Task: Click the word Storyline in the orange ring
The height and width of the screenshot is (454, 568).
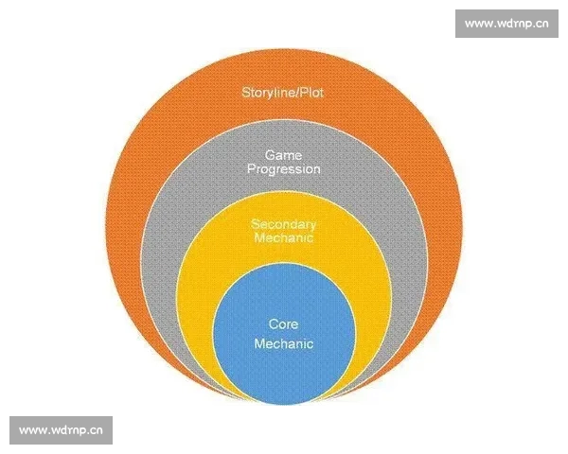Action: click(267, 93)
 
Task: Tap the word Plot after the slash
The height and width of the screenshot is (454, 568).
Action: click(312, 93)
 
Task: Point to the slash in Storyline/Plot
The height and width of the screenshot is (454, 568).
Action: click(296, 93)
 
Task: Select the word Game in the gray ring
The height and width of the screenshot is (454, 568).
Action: click(283, 154)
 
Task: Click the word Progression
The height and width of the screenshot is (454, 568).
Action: click(283, 169)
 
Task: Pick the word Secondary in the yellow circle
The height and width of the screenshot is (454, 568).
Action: click(283, 224)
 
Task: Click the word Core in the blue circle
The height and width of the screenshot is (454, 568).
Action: click(283, 324)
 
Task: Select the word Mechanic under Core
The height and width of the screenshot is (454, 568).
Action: click(283, 344)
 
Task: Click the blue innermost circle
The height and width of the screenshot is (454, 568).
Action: click(283, 369)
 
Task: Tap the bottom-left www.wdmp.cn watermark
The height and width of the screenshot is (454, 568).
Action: click(61, 430)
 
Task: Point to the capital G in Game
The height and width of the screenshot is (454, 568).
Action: click(269, 154)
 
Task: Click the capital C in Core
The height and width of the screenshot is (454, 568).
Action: click(273, 324)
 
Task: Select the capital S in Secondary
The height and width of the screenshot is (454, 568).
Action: click(255, 224)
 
